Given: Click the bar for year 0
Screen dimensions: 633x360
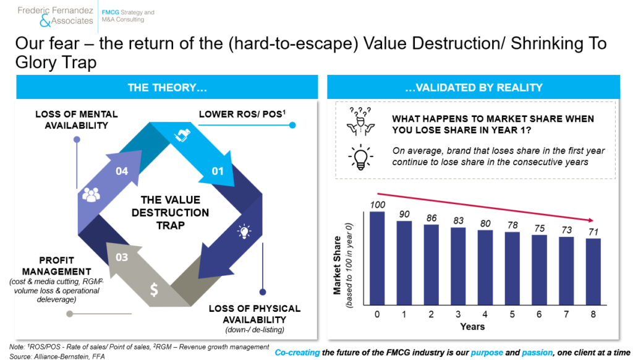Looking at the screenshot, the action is point(377,258).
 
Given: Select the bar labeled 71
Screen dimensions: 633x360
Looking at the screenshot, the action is point(593,272).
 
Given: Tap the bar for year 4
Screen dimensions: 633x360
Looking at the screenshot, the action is point(485,267).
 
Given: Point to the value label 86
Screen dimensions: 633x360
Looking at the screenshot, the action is point(431,218).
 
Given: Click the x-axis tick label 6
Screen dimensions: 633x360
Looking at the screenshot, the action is point(539,314).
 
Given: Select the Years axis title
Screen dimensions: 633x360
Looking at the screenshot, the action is point(472,327).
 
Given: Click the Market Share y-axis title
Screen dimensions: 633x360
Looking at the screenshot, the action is point(337,265).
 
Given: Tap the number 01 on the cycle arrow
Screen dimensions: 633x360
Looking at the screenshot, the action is point(218,171).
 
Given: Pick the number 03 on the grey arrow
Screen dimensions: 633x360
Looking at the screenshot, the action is point(122,257).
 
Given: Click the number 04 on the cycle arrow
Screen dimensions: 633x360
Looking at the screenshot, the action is point(122,171).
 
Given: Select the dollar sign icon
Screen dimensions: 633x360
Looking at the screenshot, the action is point(154,289).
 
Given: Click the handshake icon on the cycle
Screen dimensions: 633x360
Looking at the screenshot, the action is point(182,135).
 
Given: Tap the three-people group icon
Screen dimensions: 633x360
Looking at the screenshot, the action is point(91,195).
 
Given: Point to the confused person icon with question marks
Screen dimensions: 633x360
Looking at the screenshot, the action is point(360,121).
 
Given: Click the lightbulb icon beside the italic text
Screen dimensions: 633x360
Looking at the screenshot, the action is point(360,157).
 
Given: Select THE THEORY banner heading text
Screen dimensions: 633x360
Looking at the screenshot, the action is point(167,88).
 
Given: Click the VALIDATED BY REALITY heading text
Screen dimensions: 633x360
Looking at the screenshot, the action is point(474,88).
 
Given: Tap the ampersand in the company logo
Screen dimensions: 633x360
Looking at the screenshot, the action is point(45,21).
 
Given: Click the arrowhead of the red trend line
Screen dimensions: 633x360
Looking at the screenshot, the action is point(590,220).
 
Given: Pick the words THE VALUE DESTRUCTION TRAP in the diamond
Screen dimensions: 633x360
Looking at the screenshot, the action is point(171,213).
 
